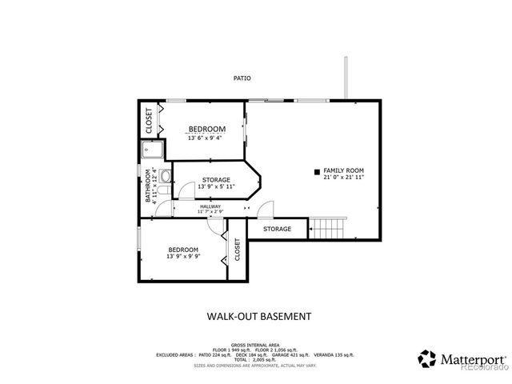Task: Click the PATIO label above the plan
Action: point(242,78)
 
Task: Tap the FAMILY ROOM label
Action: point(343,170)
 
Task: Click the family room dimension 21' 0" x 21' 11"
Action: point(343,178)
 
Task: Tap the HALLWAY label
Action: point(210,206)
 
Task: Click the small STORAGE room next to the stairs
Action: point(278,230)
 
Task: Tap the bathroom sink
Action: point(166,175)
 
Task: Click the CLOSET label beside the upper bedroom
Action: point(150,120)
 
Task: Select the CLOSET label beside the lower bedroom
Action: point(237,250)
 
